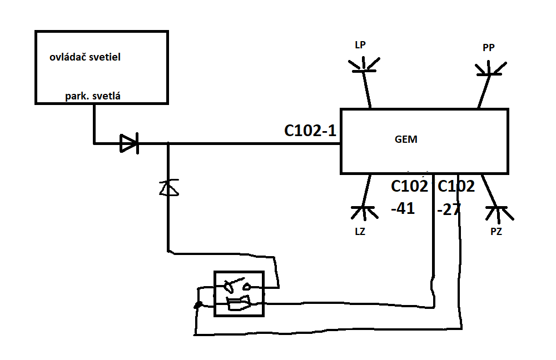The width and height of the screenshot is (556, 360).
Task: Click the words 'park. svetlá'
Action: (x=93, y=96)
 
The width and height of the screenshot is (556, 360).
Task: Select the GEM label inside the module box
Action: (x=406, y=140)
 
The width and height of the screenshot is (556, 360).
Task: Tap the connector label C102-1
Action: (x=310, y=131)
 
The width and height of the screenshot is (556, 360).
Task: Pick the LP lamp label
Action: (x=360, y=45)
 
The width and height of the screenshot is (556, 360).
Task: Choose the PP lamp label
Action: (x=489, y=48)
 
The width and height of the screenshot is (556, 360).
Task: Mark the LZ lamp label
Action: (x=360, y=232)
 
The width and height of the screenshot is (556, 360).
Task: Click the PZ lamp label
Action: (x=496, y=232)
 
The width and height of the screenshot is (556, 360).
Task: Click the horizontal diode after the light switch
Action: (x=130, y=144)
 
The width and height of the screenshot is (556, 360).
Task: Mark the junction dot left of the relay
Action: (x=196, y=305)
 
